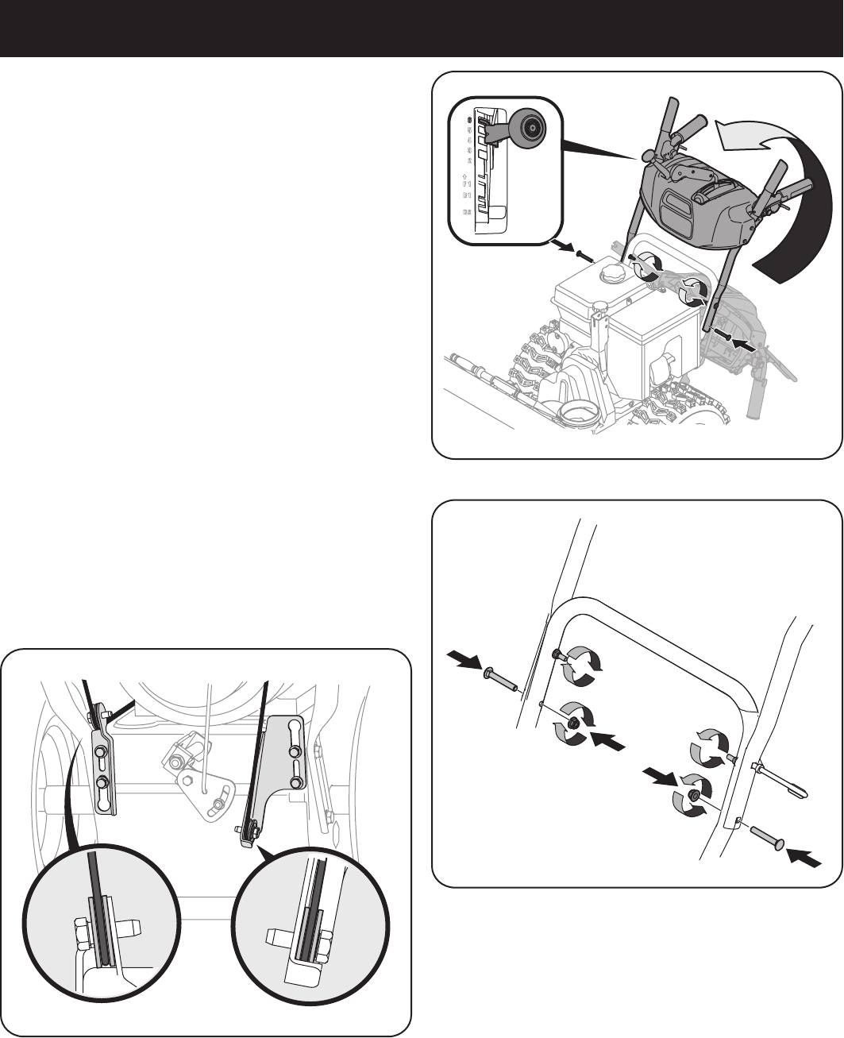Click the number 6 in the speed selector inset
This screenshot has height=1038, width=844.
click(x=468, y=120)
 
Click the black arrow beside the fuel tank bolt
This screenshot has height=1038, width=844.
click(x=563, y=247)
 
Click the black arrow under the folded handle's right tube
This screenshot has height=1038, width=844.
click(x=742, y=345)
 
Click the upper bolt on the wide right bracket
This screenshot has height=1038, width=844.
click(x=295, y=751)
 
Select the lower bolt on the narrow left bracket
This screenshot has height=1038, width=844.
click(x=103, y=782)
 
